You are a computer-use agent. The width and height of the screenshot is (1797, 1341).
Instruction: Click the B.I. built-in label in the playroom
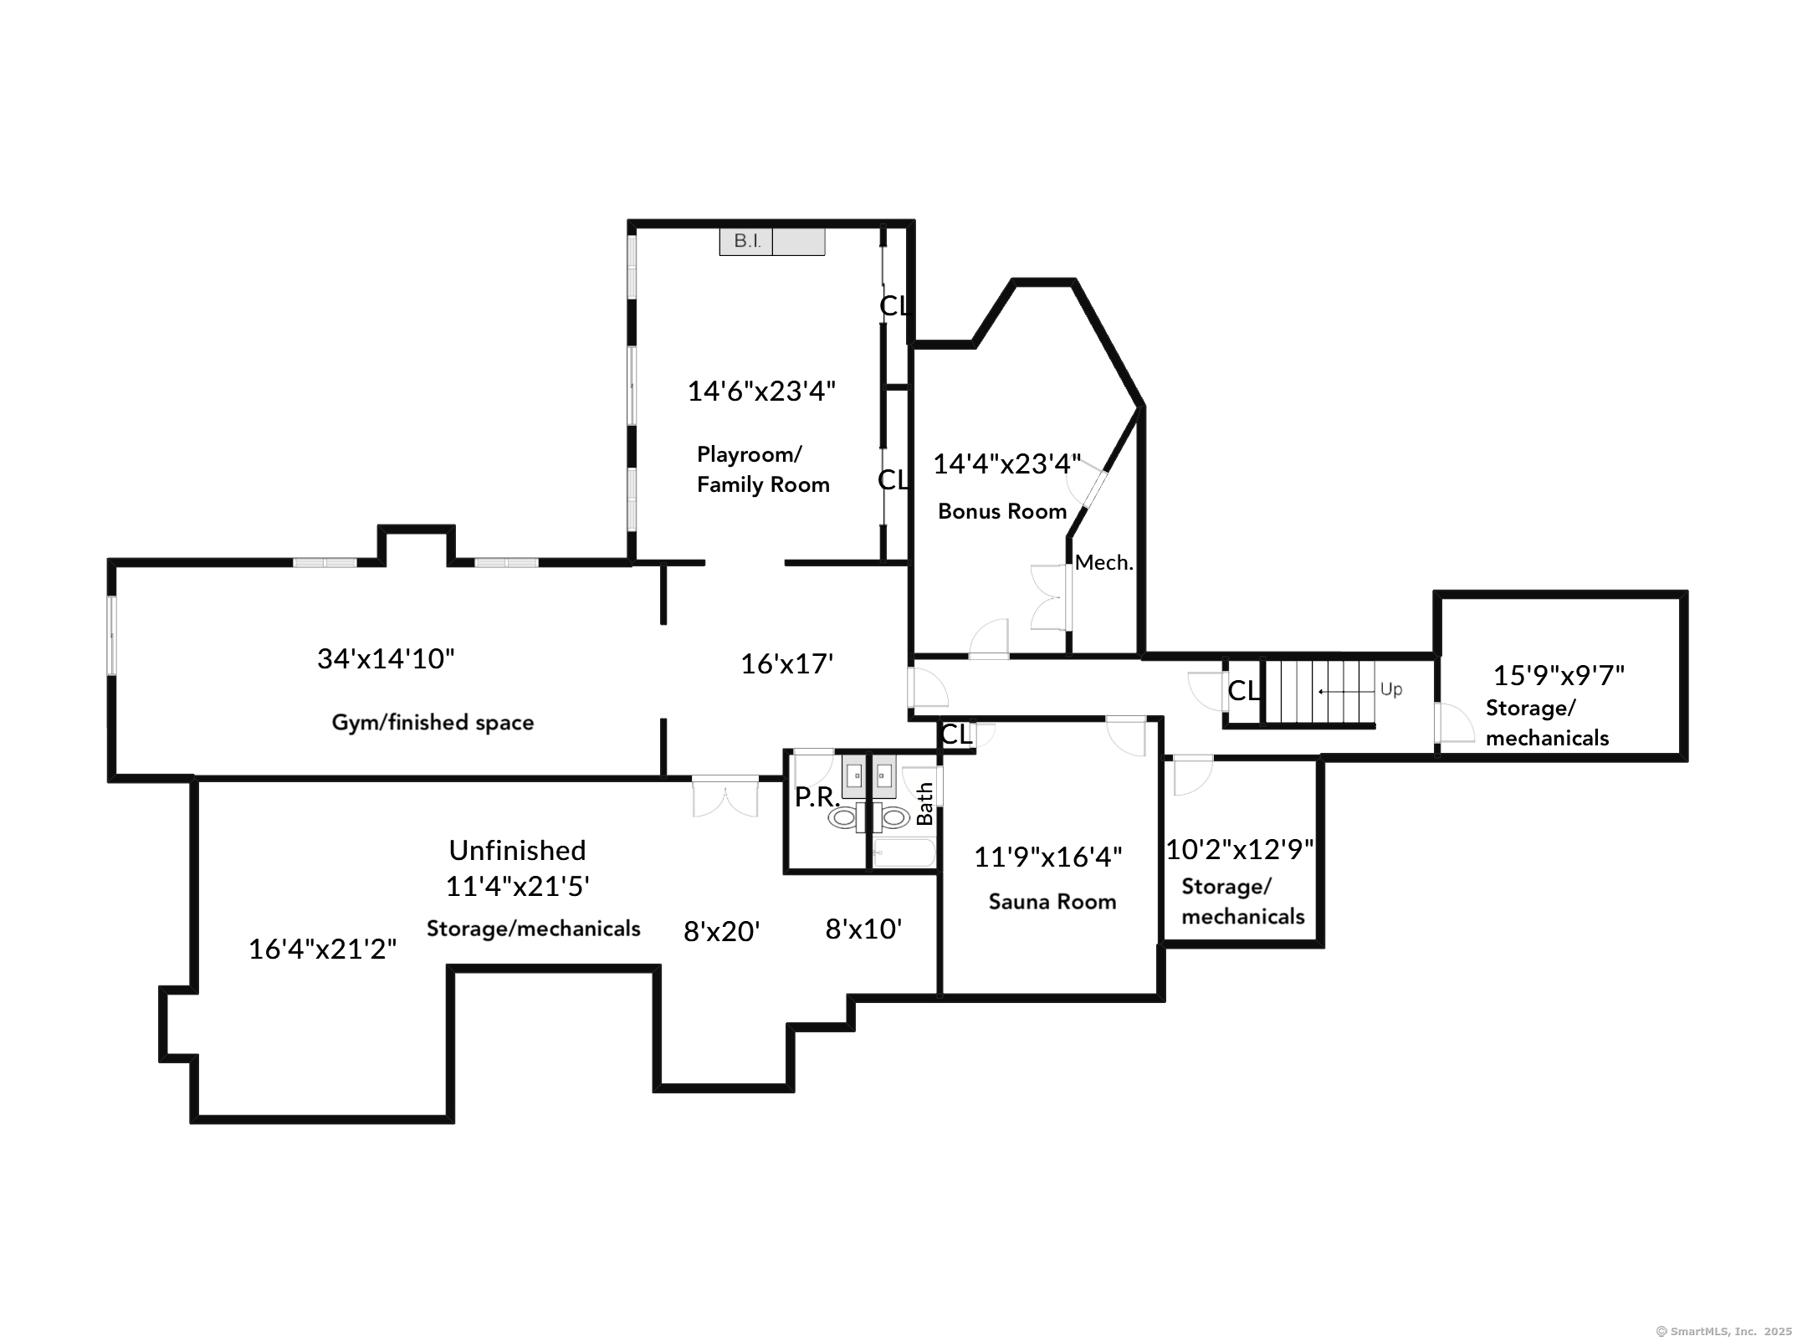tap(746, 242)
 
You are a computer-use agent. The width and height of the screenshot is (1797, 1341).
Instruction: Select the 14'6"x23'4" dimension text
tap(761, 392)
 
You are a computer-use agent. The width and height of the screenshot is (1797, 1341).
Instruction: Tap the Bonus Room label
tap(1001, 511)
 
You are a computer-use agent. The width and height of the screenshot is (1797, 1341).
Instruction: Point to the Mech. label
tap(1103, 563)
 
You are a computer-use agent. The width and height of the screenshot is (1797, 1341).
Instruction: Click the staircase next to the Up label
tap(1318, 691)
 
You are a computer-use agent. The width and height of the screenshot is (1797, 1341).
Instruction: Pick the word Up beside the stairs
tap(1390, 689)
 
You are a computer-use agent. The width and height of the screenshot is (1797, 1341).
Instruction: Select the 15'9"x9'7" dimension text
tap(1559, 675)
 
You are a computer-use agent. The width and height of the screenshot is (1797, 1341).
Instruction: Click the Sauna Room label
tap(1052, 902)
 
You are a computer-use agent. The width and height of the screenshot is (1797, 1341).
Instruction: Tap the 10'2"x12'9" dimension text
tap(1240, 850)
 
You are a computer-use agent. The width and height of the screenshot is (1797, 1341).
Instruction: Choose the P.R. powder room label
tap(817, 797)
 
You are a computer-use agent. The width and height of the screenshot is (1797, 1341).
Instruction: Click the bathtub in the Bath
tap(903, 854)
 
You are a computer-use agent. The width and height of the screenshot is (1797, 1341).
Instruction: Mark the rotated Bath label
tap(924, 803)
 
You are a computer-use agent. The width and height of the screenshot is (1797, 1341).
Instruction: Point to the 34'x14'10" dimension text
tap(386, 659)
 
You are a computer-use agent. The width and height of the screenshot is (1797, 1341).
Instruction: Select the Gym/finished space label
tap(433, 723)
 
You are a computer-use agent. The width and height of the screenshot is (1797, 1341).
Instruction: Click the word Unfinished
tap(517, 851)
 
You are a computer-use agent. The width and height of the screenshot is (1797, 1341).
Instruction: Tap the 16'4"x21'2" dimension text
tap(322, 949)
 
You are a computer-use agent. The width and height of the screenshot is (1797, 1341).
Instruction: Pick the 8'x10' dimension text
tap(863, 929)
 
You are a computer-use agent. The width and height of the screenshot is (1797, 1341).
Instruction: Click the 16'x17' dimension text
tap(786, 664)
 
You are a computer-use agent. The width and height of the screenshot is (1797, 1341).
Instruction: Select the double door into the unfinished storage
tap(724, 796)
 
